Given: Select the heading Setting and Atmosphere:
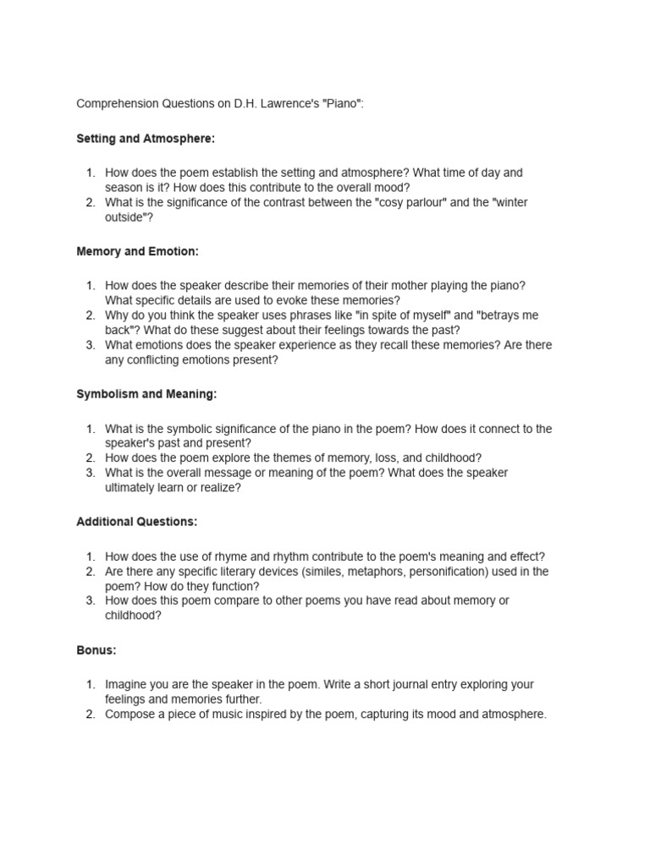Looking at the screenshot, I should tap(146, 138).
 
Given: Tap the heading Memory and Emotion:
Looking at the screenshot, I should tap(137, 252).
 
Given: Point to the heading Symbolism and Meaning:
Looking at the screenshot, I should tap(146, 394).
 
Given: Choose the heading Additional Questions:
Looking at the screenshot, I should tap(136, 522).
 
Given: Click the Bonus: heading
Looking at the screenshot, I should tap(96, 650).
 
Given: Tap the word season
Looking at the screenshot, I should tap(124, 187).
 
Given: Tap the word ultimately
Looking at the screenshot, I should tap(135, 487).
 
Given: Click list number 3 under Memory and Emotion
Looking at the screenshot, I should tap(91, 345).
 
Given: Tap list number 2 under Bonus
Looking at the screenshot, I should tap(91, 715).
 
